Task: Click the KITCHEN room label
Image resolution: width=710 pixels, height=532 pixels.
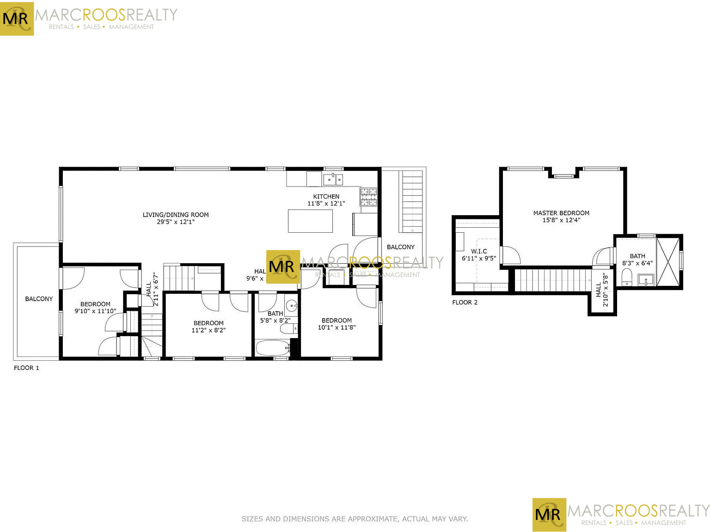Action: coord(326,196)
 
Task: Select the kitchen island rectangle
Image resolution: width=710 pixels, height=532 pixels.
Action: coord(310,221)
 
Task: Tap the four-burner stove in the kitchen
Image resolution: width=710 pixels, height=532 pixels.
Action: coord(368,197)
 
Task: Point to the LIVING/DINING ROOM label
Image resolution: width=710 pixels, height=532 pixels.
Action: coord(176,215)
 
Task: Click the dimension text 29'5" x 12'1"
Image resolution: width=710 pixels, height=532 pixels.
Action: coord(176,222)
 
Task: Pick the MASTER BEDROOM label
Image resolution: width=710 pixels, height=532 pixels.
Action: coord(561,213)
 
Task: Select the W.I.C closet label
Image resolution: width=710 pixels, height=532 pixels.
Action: coord(479,251)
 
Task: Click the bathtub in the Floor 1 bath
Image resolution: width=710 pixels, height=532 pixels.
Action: coord(272,348)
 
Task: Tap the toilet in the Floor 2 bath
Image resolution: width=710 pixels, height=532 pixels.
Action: coord(627,277)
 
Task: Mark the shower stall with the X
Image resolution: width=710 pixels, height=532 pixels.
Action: coord(668,261)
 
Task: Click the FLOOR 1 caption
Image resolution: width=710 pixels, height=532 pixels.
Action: coord(26,368)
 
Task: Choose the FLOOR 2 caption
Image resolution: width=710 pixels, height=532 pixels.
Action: coord(465,302)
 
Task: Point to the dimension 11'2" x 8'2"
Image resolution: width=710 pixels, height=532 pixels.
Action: coord(208,331)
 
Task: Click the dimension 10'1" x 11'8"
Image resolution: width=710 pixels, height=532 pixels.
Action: coord(337,328)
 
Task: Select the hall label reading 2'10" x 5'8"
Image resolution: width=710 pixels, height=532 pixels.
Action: coord(606,290)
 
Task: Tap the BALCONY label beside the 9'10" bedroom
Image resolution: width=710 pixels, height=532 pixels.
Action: coord(39,299)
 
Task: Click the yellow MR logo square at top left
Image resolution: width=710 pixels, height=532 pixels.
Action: coord(17,18)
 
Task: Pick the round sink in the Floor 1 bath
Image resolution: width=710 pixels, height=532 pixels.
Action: coord(292,305)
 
